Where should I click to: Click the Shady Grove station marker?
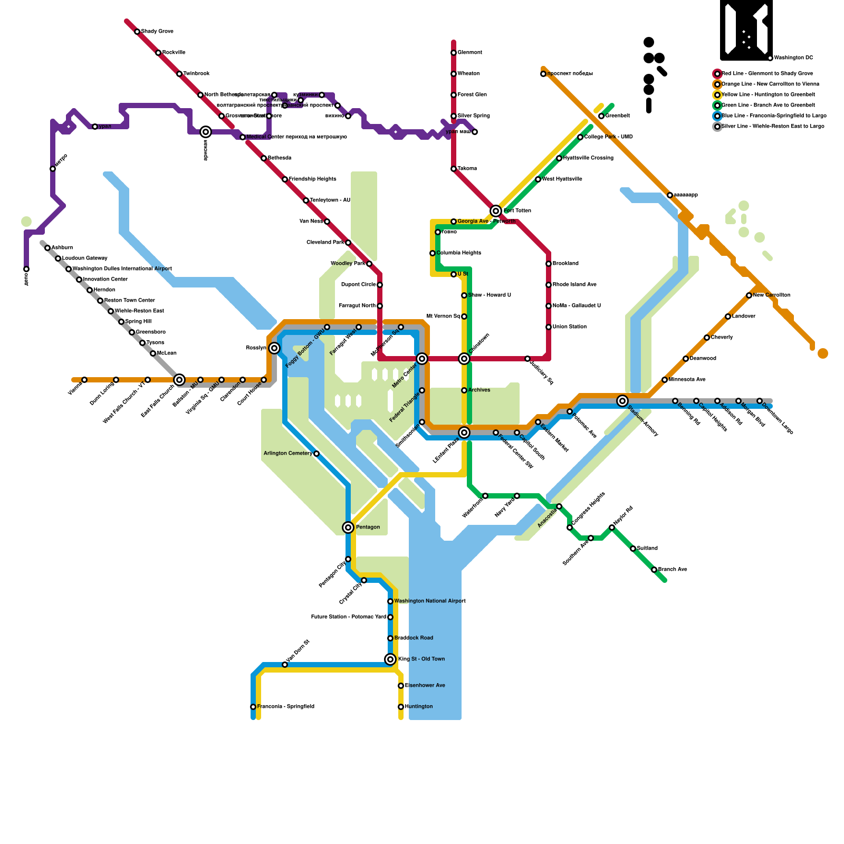coord(137,32)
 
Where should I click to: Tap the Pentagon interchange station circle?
coord(348,527)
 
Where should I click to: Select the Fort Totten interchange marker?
coord(496,211)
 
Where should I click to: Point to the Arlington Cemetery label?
coord(288,454)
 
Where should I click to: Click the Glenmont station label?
coord(469,53)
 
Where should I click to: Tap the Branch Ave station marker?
coord(654,570)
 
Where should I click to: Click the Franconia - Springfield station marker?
coord(253,707)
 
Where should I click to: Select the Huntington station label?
coord(419,707)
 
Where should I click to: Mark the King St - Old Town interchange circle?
coord(390,659)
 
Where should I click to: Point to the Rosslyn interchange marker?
coord(274,348)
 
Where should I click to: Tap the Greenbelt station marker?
coord(601,116)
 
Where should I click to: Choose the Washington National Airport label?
coord(430,601)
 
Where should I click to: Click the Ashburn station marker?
coord(47,248)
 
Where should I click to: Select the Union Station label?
coord(570,327)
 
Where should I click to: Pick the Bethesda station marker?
coord(264,158)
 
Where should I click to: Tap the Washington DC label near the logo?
coord(793,58)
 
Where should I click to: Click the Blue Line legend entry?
coord(773,116)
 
